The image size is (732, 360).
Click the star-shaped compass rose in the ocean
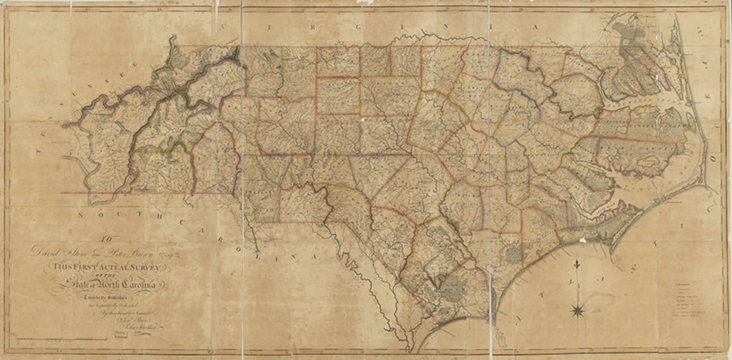pyautogui.click(x=578, y=311)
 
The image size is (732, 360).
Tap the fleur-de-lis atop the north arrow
pyautogui.click(x=577, y=262)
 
